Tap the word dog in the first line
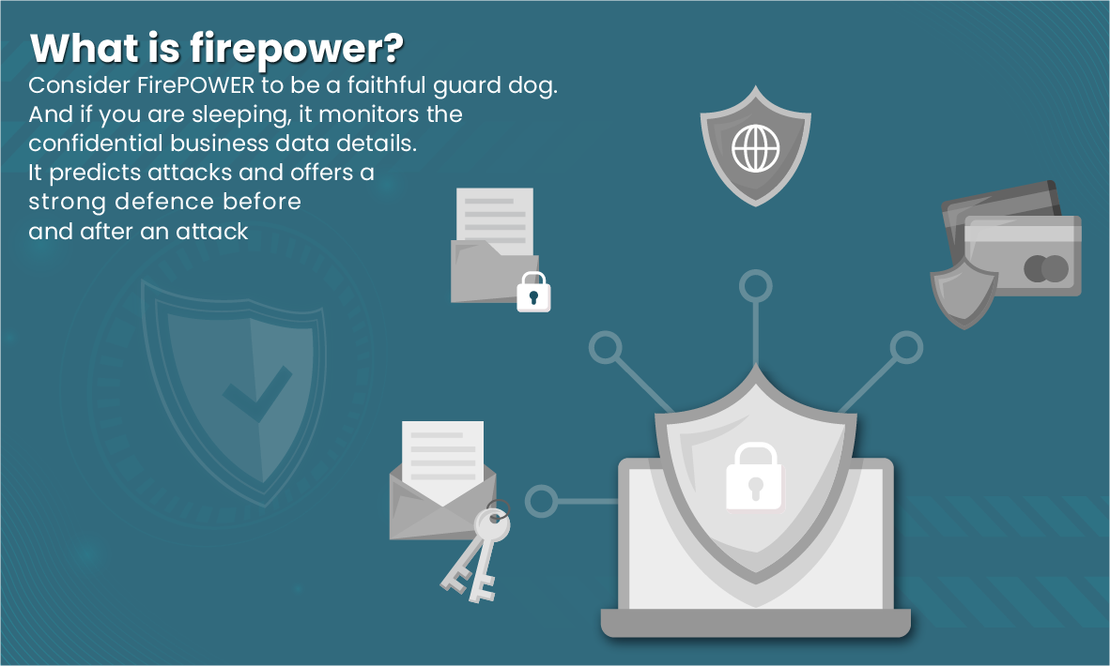[536, 86]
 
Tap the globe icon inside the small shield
[755, 148]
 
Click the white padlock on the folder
[533, 293]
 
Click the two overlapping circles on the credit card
[1046, 269]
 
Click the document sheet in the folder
[494, 215]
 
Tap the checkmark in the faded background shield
[251, 398]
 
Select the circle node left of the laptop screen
[540, 501]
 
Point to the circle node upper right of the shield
[906, 348]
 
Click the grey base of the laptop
[756, 622]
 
